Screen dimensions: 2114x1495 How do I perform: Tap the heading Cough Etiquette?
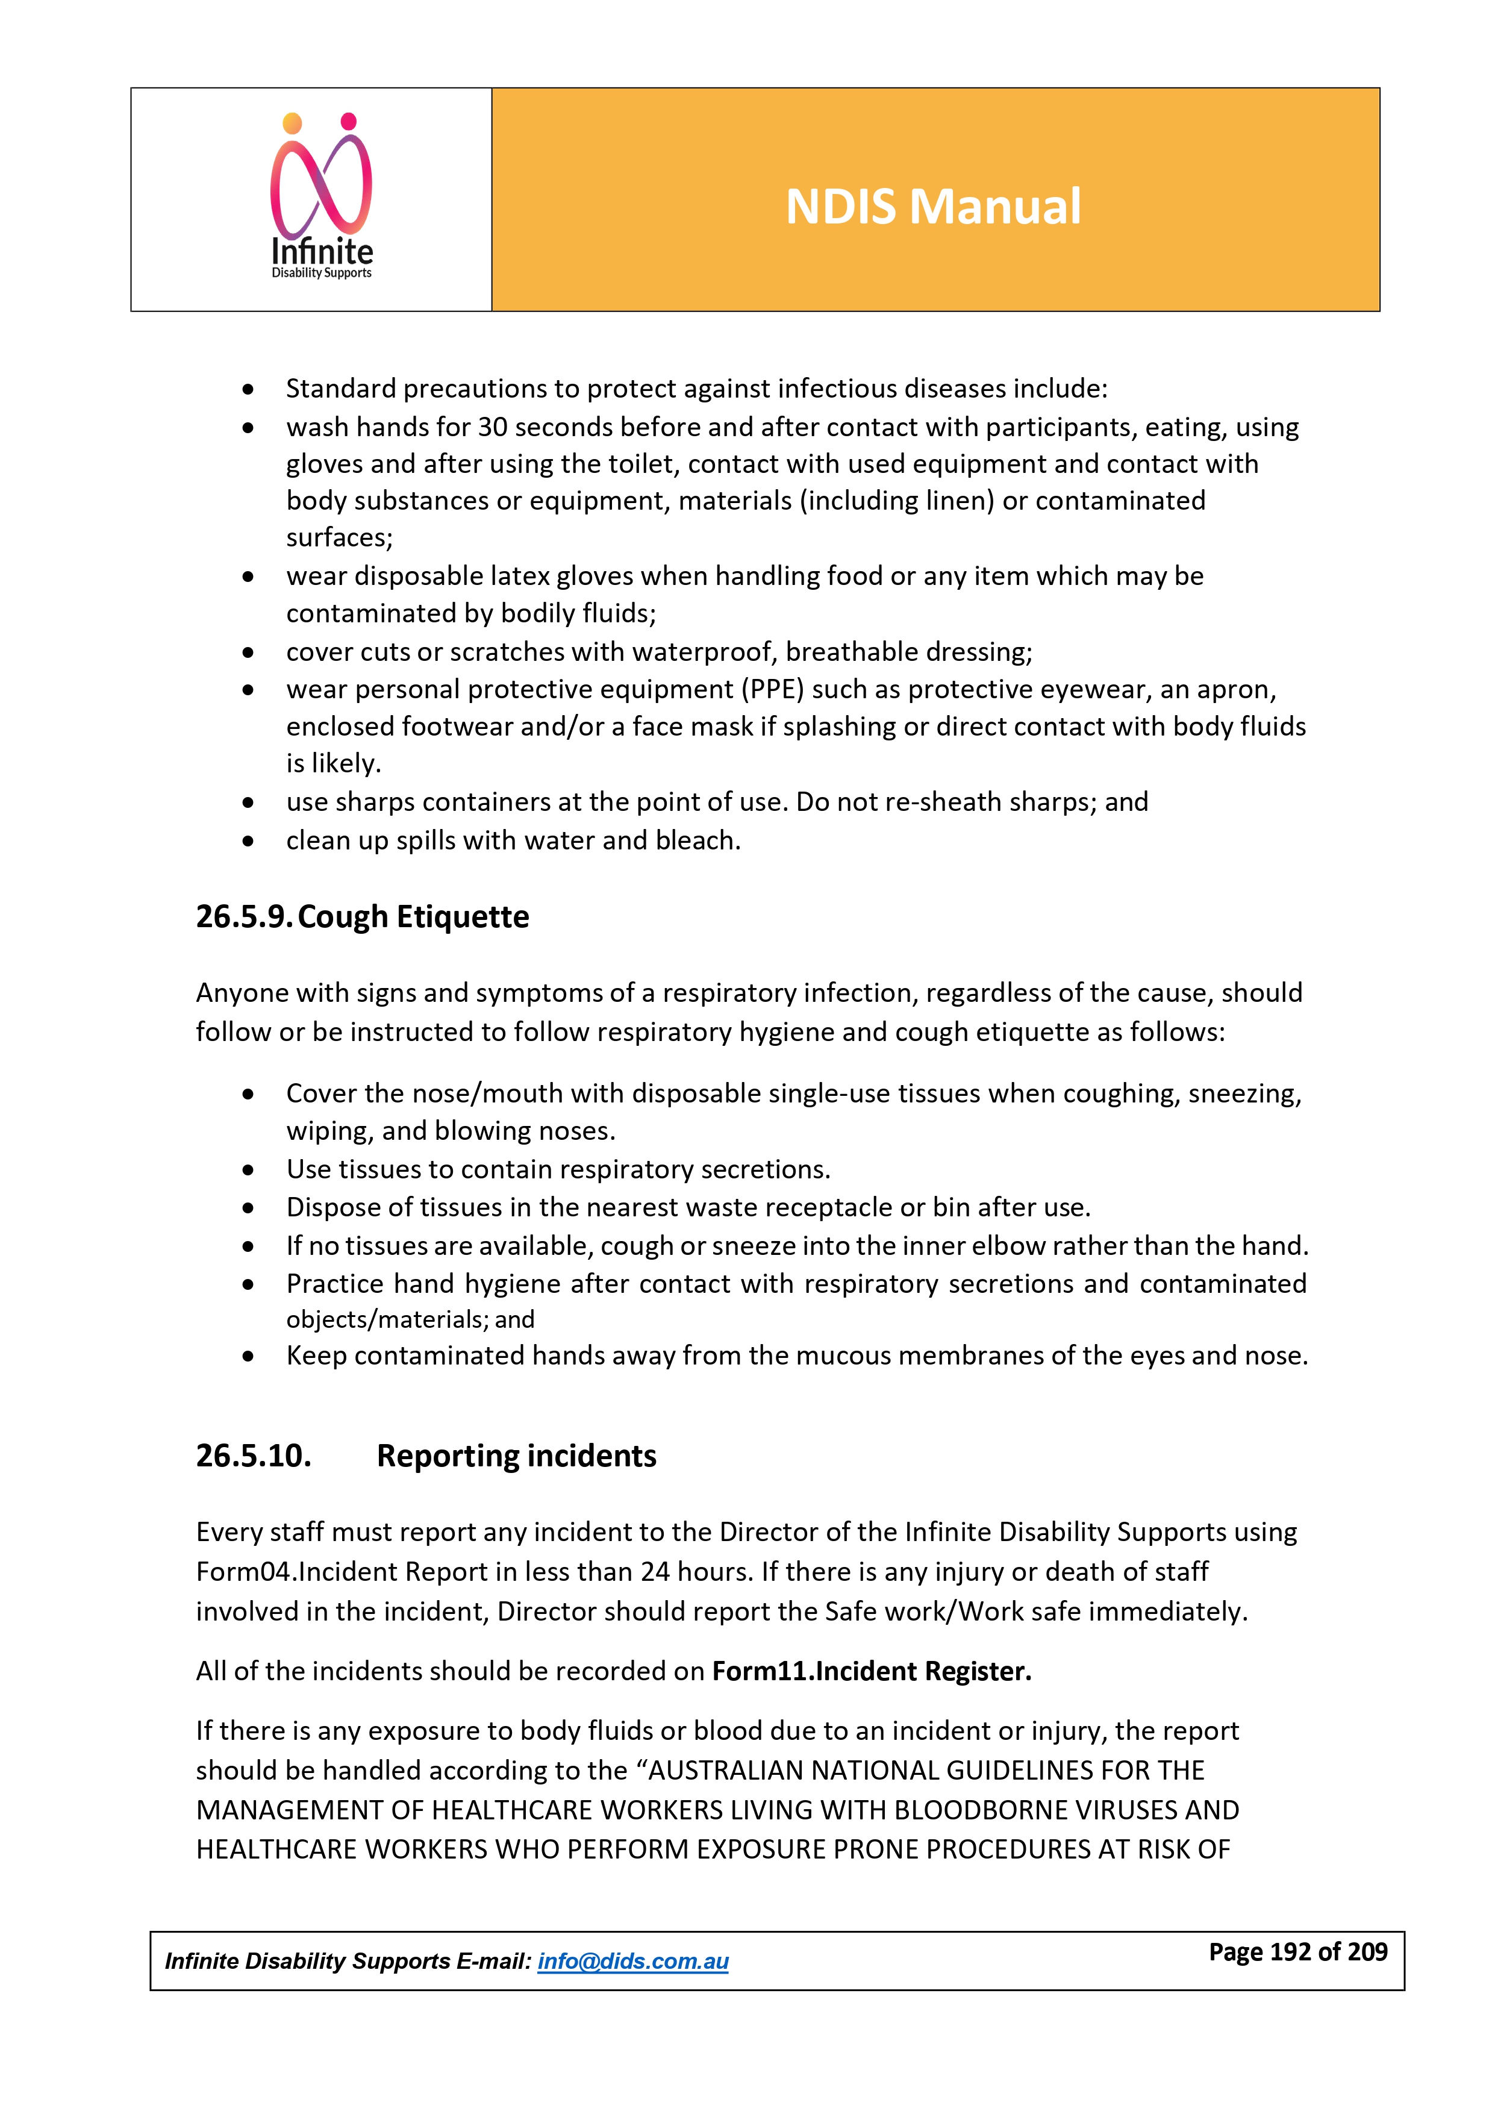(x=413, y=917)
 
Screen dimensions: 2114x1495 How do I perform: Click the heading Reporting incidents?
(x=516, y=1456)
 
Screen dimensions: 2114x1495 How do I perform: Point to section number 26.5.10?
(x=253, y=1456)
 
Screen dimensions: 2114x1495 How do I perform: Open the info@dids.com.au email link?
(x=632, y=1961)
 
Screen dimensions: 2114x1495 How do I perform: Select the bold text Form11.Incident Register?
(x=871, y=1671)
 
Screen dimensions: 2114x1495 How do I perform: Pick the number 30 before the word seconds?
(x=493, y=427)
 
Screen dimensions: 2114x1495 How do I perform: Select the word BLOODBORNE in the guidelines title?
(x=973, y=1810)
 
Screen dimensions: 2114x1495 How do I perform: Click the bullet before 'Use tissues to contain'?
(x=248, y=1170)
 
